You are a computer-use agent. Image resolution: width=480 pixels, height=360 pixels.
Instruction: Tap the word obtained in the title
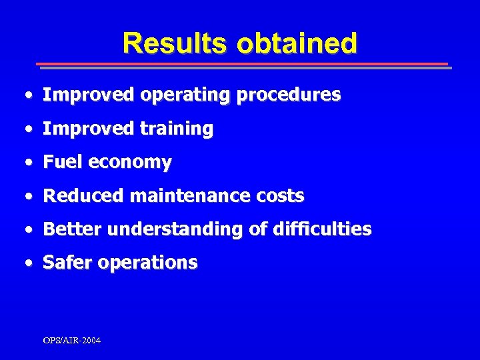297,43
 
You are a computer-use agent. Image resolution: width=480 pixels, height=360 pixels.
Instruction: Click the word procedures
288,95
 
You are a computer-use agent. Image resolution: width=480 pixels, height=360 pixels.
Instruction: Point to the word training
176,129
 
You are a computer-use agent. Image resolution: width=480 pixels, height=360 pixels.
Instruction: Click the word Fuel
63,162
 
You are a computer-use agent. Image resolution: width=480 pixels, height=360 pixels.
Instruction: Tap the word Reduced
83,196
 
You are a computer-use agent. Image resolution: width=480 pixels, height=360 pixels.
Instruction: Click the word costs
279,196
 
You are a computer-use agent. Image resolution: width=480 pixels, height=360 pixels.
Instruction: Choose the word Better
72,229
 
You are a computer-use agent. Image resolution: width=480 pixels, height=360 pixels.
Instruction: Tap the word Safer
67,263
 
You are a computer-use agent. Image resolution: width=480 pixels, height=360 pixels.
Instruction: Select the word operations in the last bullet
147,263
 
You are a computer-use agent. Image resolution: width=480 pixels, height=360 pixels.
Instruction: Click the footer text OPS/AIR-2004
72,341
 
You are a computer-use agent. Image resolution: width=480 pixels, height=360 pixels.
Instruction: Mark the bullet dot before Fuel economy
27,163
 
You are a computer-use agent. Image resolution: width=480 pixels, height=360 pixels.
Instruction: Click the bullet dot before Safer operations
27,263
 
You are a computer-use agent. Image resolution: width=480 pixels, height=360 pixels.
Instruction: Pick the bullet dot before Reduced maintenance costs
27,197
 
